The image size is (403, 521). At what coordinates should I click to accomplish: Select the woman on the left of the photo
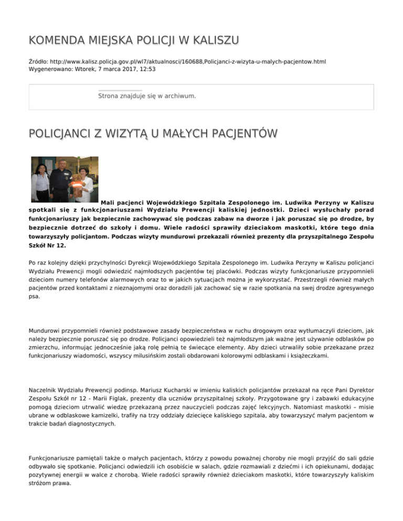click(41, 181)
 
